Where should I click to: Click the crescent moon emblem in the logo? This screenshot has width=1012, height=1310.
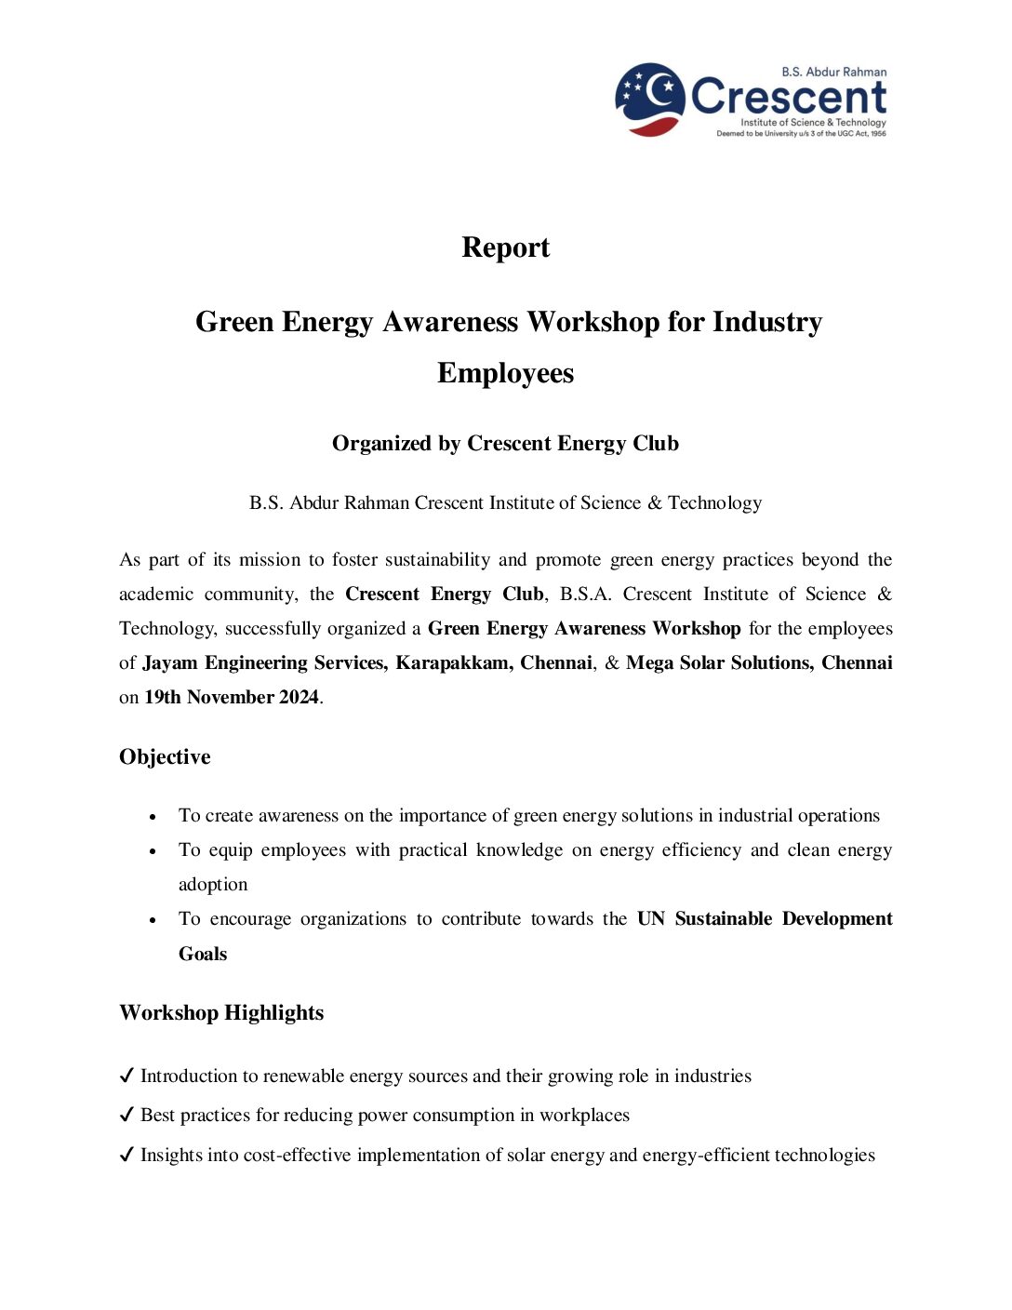coord(650,99)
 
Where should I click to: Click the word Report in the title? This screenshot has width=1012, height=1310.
coord(505,247)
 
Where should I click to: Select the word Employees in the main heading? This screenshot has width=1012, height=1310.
coord(505,373)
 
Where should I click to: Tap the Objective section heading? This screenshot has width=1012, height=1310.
coord(165,757)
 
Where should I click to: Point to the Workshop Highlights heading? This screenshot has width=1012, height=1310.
coord(221,1013)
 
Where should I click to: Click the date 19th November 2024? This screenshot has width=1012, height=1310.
coord(232,698)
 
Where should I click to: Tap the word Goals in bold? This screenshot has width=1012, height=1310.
coord(203,955)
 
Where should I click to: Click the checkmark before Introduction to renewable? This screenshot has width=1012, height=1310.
coord(127,1076)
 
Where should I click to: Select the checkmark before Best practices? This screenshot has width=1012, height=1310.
coord(127,1116)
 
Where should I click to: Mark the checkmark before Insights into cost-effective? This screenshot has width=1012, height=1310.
coord(127,1156)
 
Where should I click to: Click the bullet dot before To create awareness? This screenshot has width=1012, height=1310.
coord(153,817)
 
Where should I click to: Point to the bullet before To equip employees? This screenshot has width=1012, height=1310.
coord(153,851)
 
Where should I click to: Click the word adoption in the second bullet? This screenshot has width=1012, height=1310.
coord(213,885)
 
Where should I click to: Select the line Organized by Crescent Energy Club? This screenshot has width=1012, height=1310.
coord(505,444)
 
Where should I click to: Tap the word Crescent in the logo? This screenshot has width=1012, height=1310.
coord(789,97)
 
